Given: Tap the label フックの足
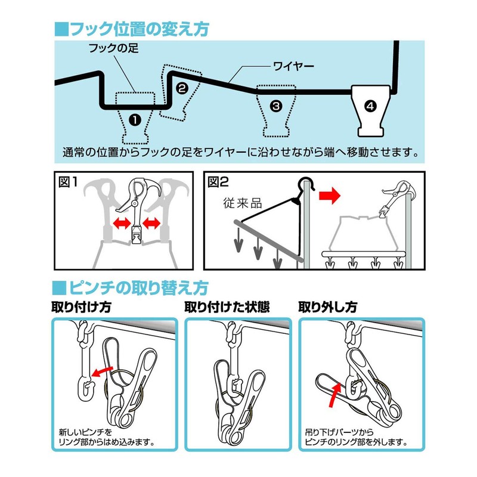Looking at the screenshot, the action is click(113, 48).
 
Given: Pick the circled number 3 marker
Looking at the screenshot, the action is click(275, 106).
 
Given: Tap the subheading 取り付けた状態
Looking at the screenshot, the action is click(227, 307).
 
